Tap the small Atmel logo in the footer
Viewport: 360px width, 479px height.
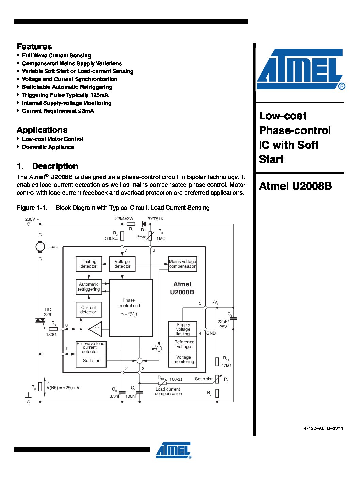point(174,450)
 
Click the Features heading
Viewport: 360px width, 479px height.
point(34,47)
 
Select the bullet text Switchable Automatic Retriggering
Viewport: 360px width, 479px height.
point(67,87)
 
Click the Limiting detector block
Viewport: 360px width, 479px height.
point(88,264)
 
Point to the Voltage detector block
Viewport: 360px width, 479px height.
point(122,264)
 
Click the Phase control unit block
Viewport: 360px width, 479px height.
point(130,308)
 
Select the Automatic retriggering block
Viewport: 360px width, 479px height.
point(88,287)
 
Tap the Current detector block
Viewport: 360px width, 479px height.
point(88,310)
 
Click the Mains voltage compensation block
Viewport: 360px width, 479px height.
point(183,264)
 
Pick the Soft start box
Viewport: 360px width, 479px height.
point(91,361)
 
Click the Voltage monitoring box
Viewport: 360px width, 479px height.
point(184,360)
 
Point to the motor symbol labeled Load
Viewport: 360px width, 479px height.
point(40,247)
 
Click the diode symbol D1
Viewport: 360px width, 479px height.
point(144,224)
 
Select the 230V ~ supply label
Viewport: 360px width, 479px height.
point(32,219)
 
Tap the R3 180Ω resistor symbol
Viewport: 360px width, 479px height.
point(53,329)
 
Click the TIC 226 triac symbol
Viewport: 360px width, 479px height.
point(40,320)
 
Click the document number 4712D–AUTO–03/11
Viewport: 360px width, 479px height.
point(323,428)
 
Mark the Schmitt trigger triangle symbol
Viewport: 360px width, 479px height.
point(96,329)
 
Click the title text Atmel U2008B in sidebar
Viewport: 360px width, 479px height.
point(295,186)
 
